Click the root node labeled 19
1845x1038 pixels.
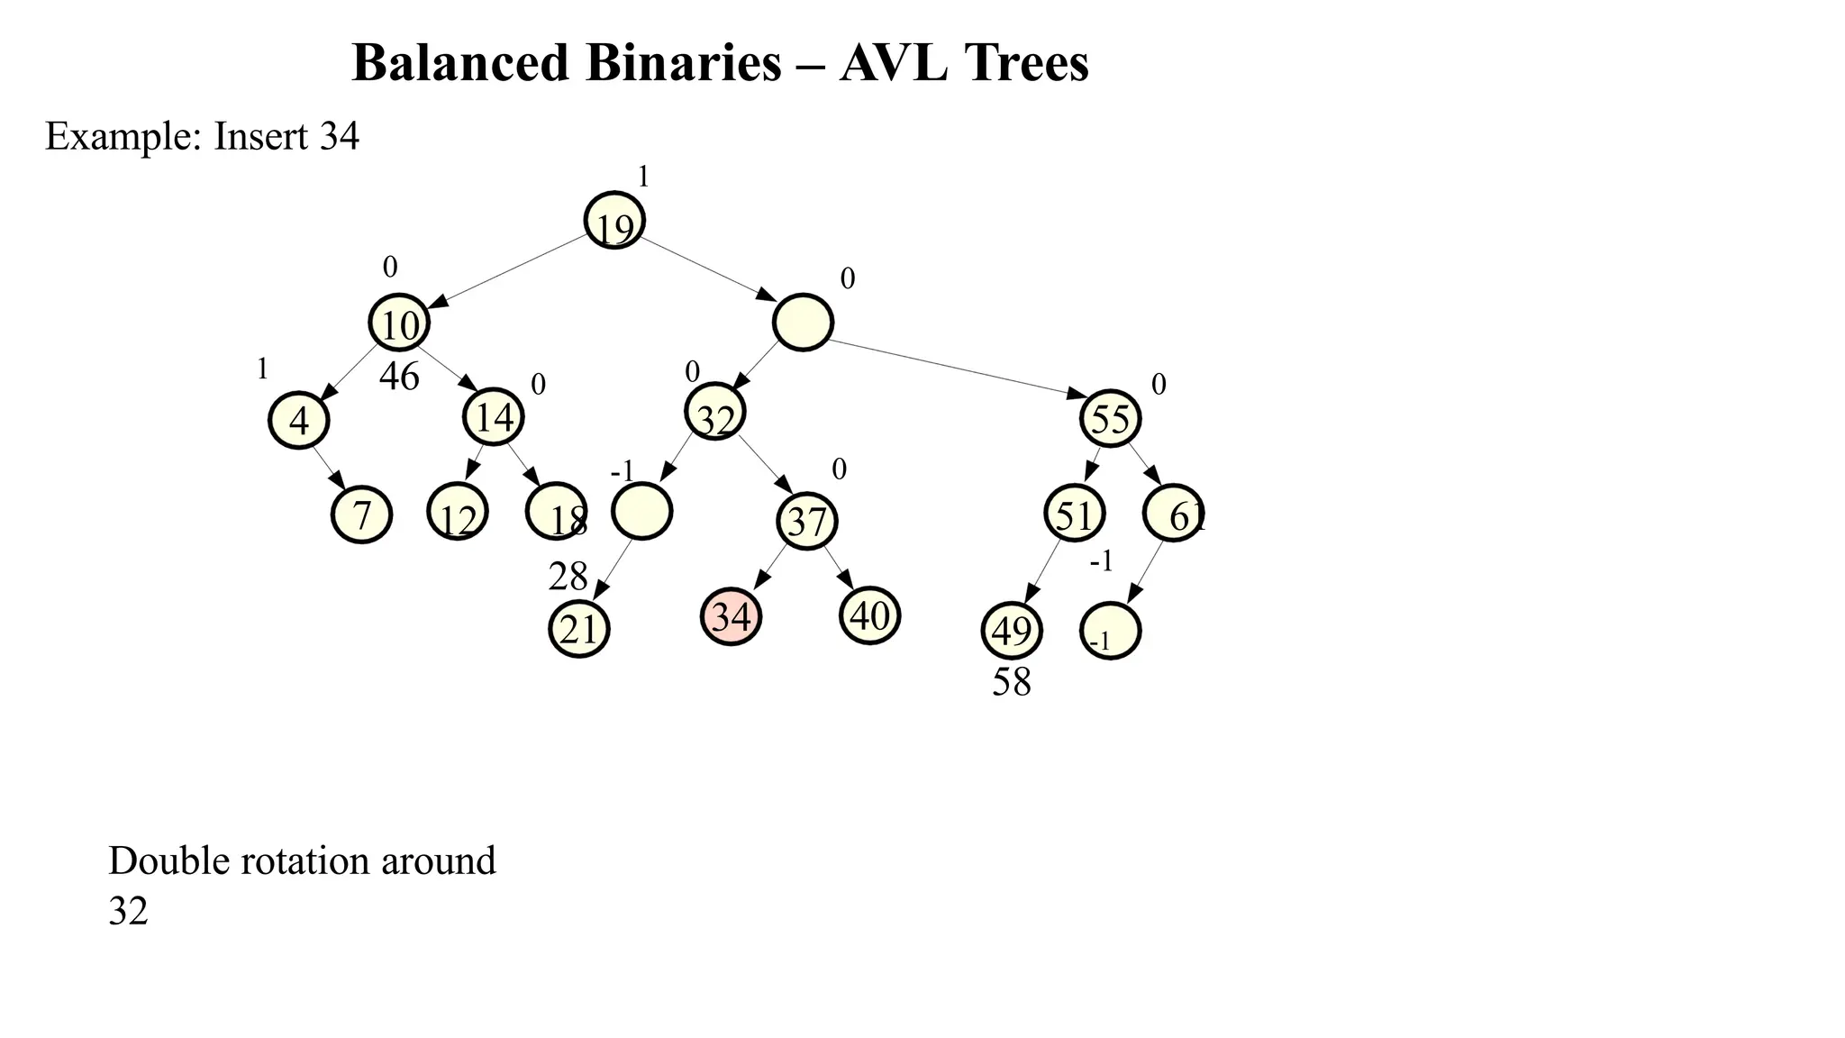[x=614, y=221]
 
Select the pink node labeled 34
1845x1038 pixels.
[x=731, y=616]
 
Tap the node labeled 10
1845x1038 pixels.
[x=399, y=323]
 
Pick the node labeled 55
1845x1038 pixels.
[x=1111, y=418]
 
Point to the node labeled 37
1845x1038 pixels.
[x=807, y=521]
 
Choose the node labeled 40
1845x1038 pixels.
[x=869, y=615]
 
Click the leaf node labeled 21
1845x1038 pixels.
[x=579, y=629]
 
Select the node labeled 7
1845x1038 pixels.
[x=361, y=514]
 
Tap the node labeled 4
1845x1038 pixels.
[x=299, y=420]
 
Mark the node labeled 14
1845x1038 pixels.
[x=494, y=416]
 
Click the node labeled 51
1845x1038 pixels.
[x=1074, y=514]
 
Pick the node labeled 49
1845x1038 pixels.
[x=1012, y=631]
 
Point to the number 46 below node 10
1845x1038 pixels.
[x=399, y=377]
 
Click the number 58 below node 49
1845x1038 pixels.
[x=1012, y=683]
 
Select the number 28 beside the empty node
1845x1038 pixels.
[x=568, y=577]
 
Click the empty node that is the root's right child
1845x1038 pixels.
[x=803, y=322]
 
